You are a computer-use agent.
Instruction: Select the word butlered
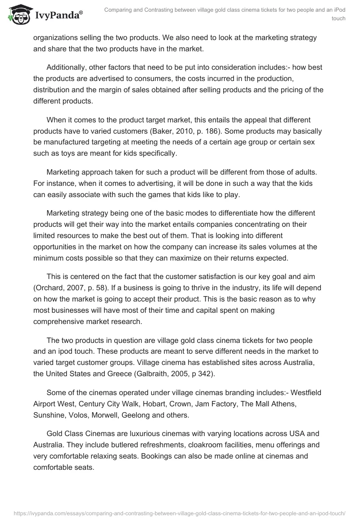108,445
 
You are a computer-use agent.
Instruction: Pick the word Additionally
68,67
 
